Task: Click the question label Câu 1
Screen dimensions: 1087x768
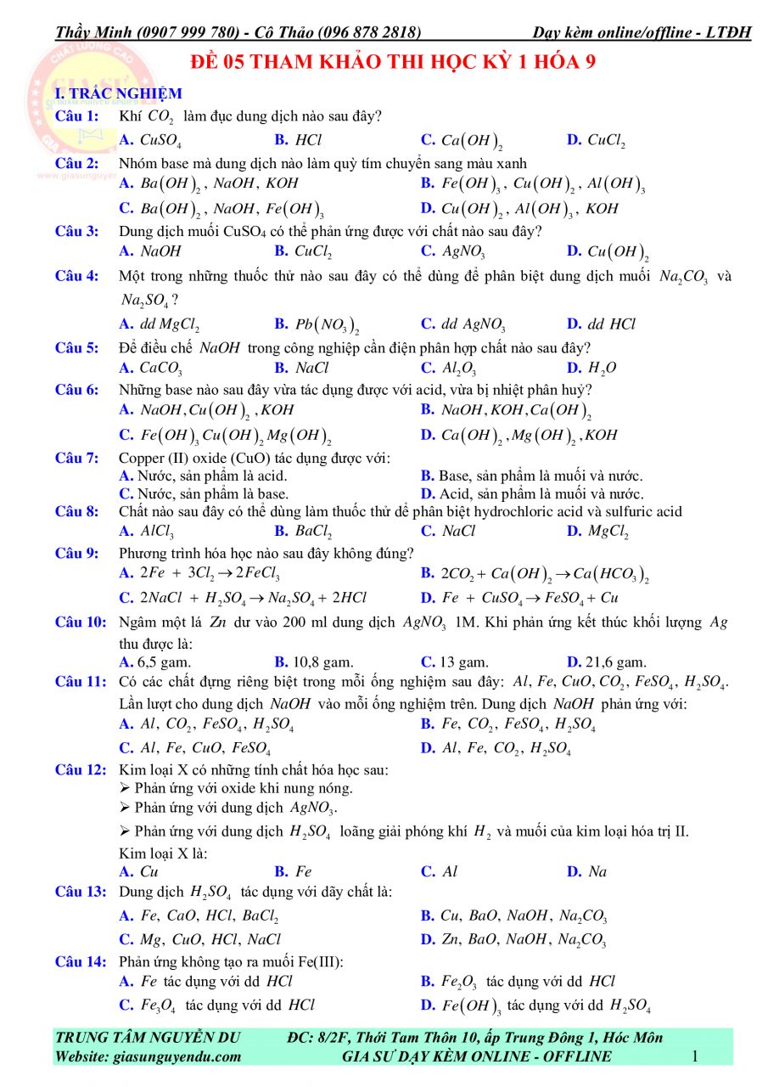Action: pos(76,115)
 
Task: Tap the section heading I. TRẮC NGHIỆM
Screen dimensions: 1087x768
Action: pos(106,93)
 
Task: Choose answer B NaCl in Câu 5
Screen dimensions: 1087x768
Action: pos(302,369)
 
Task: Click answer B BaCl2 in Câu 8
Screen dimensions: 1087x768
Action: pos(303,532)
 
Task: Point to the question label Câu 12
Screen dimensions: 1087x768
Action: pos(81,770)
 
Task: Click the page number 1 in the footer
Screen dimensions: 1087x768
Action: pos(695,1056)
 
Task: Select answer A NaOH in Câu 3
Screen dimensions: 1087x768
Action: pos(151,251)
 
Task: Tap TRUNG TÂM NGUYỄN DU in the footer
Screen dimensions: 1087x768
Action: pos(149,1037)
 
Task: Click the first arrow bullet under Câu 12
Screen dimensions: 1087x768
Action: pos(126,789)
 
